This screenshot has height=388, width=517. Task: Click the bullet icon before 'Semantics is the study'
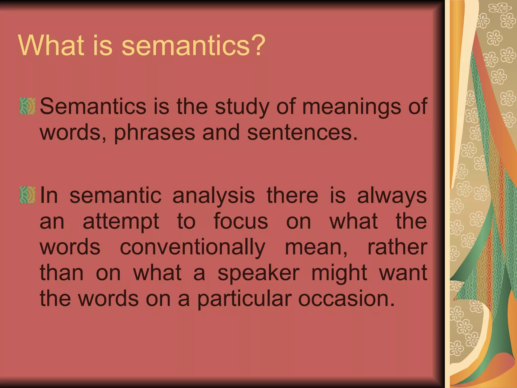click(x=27, y=106)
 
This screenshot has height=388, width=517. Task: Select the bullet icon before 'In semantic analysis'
click(x=27, y=195)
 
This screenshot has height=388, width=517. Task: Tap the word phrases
click(x=154, y=133)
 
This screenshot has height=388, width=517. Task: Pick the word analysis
click(x=214, y=196)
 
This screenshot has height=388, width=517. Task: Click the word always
click(x=392, y=196)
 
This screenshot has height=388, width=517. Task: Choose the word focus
click(x=241, y=221)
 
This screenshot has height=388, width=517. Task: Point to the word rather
click(x=397, y=247)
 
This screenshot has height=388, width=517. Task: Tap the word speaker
click(x=258, y=274)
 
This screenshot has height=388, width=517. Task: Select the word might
click(x=339, y=274)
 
